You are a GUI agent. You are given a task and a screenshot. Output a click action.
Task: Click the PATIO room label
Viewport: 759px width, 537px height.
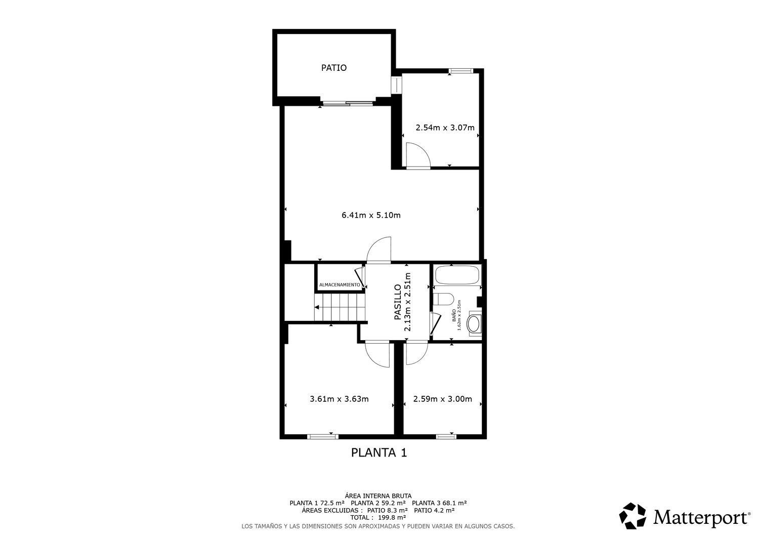point(334,68)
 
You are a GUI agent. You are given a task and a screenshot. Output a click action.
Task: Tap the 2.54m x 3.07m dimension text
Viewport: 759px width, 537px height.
point(445,128)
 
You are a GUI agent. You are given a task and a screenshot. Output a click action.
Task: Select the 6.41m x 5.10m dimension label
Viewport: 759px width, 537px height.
point(371,215)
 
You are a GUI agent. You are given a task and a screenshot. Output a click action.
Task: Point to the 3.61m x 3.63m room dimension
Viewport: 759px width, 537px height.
point(339,399)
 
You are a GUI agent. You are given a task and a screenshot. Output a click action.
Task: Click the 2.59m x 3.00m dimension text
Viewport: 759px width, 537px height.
point(443,399)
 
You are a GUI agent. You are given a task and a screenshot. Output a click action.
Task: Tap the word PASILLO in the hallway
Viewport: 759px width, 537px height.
point(398,302)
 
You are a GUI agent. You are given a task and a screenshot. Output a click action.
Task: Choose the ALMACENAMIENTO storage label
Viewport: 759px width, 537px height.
point(340,285)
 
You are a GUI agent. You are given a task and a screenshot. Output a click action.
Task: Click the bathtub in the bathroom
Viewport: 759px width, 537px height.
point(457,275)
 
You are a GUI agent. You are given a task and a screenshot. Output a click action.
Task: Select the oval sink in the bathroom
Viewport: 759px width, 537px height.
point(473,324)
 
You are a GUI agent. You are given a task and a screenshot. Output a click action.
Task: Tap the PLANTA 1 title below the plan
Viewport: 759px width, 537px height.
point(379,452)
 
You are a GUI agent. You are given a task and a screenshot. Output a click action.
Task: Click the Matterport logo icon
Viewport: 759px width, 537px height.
point(632,516)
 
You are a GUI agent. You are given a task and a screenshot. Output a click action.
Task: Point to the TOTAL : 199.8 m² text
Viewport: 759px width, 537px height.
point(378,517)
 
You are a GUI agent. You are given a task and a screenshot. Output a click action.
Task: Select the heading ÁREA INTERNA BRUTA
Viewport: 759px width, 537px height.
point(378,496)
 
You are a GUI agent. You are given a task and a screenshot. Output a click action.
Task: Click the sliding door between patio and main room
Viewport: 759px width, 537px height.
point(348,103)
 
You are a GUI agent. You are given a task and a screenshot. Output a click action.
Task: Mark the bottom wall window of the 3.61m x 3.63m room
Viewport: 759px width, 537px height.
point(323,437)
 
